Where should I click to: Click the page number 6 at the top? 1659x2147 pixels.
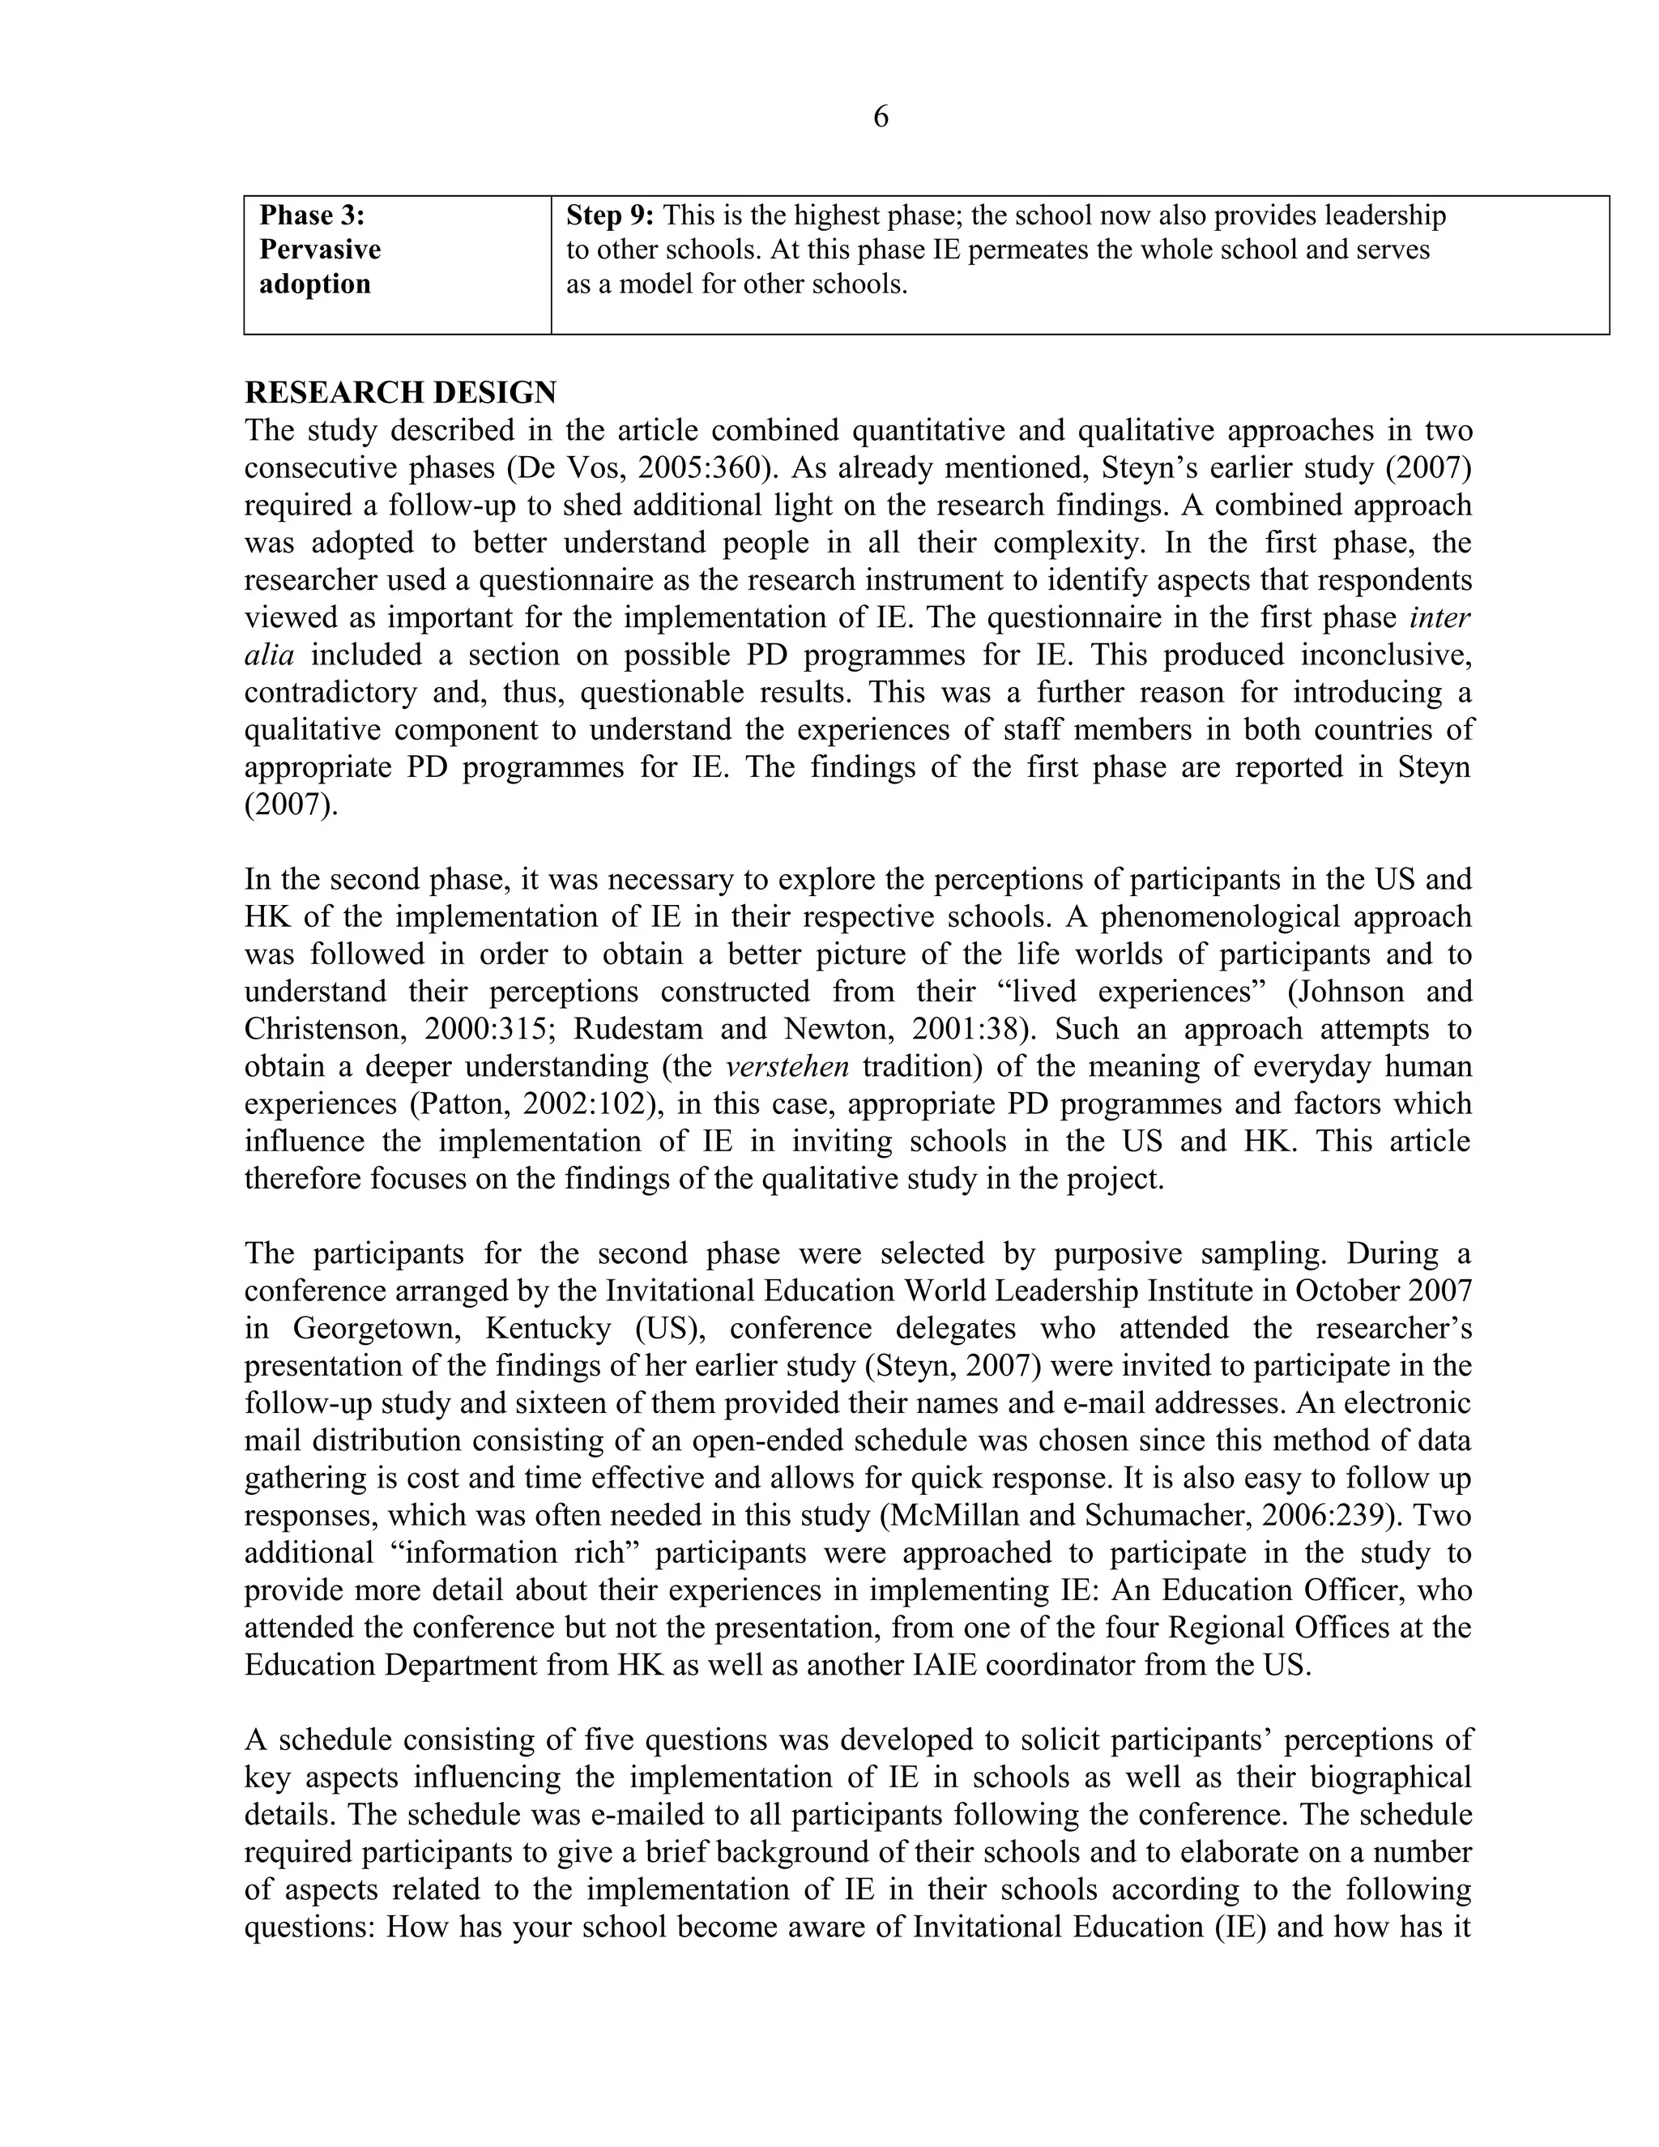pos(881,117)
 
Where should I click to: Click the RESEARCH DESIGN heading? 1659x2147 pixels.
pos(400,392)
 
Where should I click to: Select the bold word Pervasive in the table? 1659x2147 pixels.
pos(319,250)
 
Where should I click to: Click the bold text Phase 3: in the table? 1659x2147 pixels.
pos(312,216)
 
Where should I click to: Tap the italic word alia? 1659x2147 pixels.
pos(268,655)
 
